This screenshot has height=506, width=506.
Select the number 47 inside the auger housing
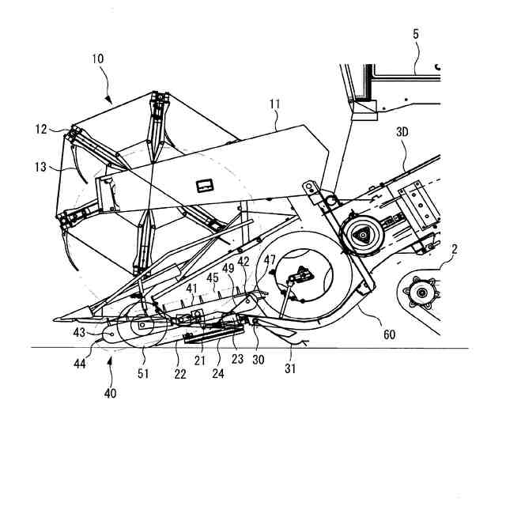[270, 259]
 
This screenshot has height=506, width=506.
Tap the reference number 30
[258, 358]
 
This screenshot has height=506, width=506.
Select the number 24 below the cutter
[217, 372]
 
